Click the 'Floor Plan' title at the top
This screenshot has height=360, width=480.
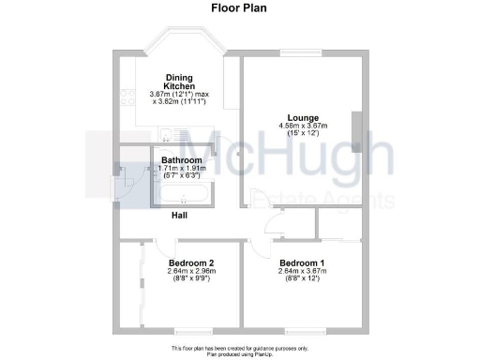click(x=240, y=7)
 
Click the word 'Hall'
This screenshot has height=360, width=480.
click(x=179, y=216)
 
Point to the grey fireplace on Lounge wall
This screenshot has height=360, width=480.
click(x=355, y=127)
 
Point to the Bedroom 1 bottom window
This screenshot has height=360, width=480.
click(x=303, y=333)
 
